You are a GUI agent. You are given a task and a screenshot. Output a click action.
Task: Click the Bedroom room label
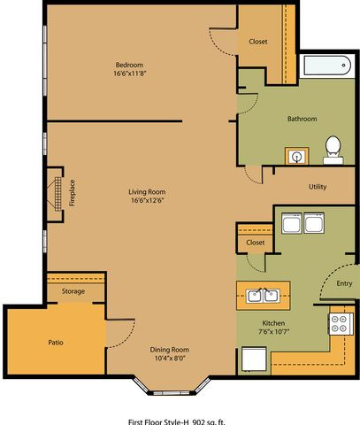click(129, 65)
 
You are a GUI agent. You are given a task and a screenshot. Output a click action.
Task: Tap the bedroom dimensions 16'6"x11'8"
click(130, 73)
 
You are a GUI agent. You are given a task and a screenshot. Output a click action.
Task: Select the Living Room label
click(147, 192)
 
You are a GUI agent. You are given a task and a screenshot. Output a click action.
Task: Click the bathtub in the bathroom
click(327, 66)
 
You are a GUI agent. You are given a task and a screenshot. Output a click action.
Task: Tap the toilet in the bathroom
click(333, 150)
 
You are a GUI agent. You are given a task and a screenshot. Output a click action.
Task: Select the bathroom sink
click(297, 156)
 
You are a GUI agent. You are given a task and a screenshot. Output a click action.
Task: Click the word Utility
click(318, 187)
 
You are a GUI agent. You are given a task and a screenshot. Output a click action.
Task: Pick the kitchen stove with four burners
click(341, 324)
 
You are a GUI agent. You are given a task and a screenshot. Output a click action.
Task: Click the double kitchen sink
click(264, 296)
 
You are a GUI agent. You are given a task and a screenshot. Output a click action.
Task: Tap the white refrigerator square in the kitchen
click(254, 359)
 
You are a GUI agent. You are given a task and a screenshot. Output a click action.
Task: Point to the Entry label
click(344, 283)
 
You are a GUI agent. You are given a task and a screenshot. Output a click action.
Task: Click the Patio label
click(56, 343)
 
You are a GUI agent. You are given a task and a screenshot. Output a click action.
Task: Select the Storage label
click(73, 291)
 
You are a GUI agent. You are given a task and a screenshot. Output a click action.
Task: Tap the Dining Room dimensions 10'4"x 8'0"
click(170, 359)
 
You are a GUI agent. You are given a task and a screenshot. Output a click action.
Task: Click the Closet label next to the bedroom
click(258, 42)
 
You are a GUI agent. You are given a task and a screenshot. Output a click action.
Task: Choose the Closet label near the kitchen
click(256, 243)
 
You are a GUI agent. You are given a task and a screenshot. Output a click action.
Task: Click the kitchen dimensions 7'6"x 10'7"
click(273, 331)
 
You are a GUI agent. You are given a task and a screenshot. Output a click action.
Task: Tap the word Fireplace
click(72, 193)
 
